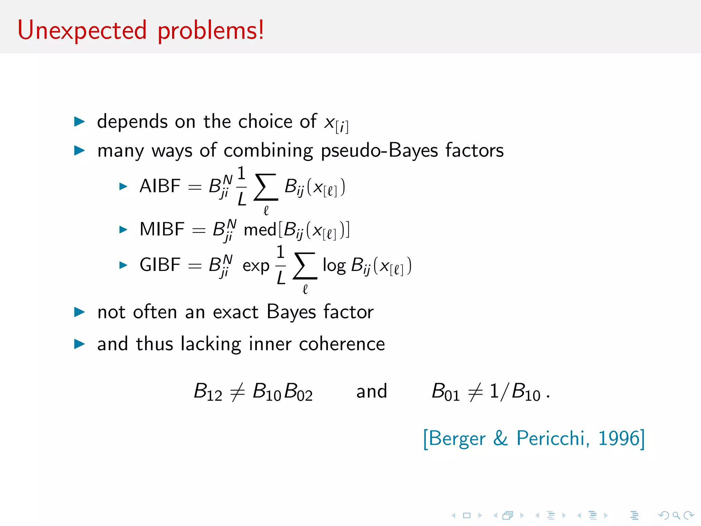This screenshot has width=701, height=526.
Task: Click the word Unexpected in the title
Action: pos(82,31)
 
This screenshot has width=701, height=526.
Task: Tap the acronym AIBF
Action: pos(160,186)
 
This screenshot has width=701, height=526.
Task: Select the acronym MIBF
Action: pos(162,229)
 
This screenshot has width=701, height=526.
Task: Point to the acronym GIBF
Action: pos(160,265)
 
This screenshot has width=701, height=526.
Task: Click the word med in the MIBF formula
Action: pos(260,229)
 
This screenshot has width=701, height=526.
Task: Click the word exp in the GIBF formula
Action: pos(256,266)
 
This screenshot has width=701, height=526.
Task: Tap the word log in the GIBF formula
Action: pos(334,265)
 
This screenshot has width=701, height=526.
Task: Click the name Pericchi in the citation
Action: pos(553,438)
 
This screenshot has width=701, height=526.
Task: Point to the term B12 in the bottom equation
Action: pos(208,392)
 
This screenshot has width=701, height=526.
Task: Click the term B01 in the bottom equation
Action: pos(445,392)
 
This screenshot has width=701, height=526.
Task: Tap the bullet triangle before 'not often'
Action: pos(79,312)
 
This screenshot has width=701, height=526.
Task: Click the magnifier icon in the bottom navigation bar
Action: pos(676,515)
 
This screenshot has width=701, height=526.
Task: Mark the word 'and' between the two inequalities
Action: pos(371,391)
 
